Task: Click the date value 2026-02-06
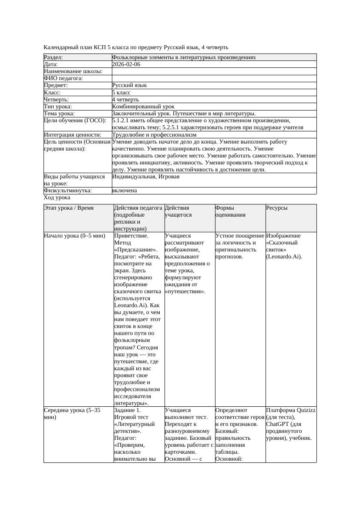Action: (x=126, y=64)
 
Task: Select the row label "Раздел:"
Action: (x=53, y=57)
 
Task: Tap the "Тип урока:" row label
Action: (x=58, y=106)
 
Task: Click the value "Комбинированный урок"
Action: (x=143, y=106)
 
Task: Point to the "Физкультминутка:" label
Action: (x=67, y=191)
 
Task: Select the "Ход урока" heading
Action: (x=57, y=198)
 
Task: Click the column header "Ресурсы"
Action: (x=276, y=208)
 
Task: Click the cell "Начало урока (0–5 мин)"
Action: (x=74, y=236)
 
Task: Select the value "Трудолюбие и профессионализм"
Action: (x=154, y=135)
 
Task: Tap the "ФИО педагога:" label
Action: (x=63, y=78)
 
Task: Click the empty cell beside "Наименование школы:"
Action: (x=213, y=71)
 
